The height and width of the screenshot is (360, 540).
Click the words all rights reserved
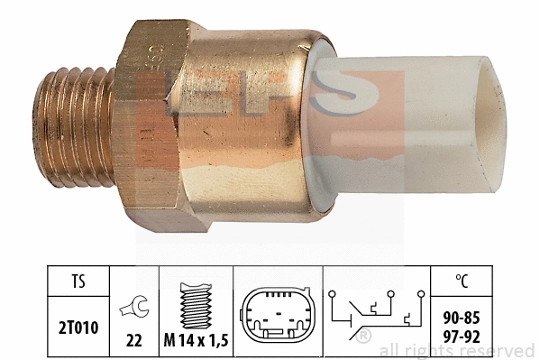coord(457,350)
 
